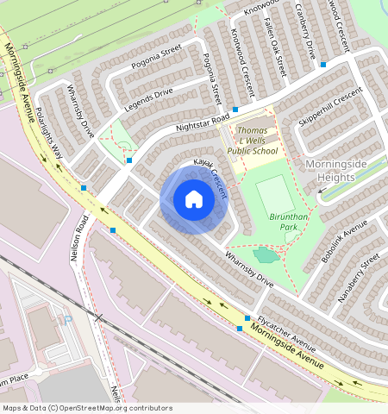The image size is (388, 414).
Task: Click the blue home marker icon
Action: point(194,200)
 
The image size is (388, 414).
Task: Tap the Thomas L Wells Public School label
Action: point(253,141)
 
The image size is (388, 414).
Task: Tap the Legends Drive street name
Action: point(148,99)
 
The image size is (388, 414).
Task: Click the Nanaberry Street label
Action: point(360,275)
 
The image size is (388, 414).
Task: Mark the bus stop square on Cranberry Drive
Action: point(322,64)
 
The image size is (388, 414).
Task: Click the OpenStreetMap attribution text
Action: point(86,408)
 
